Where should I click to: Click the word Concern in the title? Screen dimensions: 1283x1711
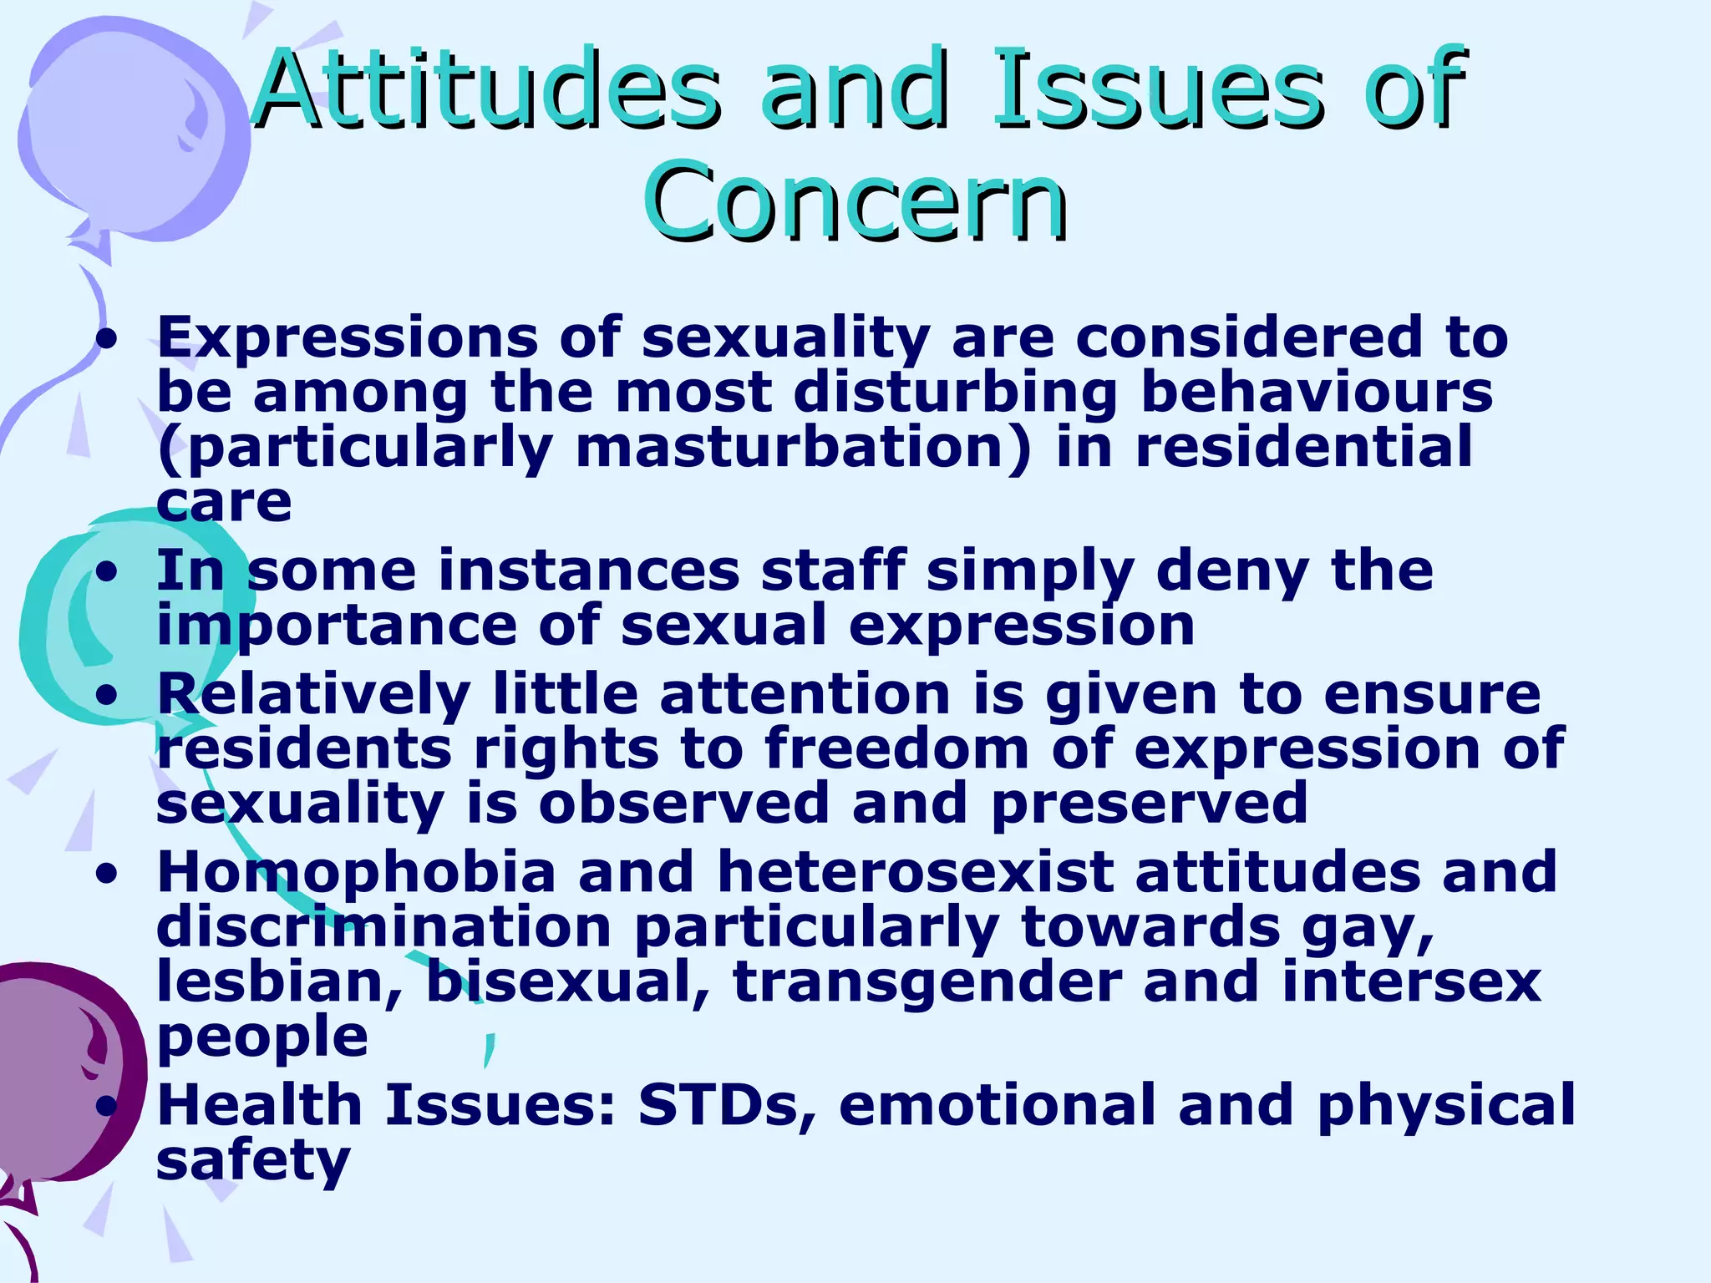[855, 200]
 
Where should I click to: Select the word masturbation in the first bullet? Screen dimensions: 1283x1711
[803, 448]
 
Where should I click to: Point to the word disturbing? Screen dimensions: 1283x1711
[956, 393]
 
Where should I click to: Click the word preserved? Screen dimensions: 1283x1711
[1149, 803]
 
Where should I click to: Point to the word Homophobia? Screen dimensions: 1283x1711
[356, 873]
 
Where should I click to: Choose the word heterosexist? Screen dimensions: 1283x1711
[916, 873]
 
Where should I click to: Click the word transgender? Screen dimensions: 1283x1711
[927, 983]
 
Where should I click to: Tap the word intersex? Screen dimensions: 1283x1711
[1411, 983]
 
